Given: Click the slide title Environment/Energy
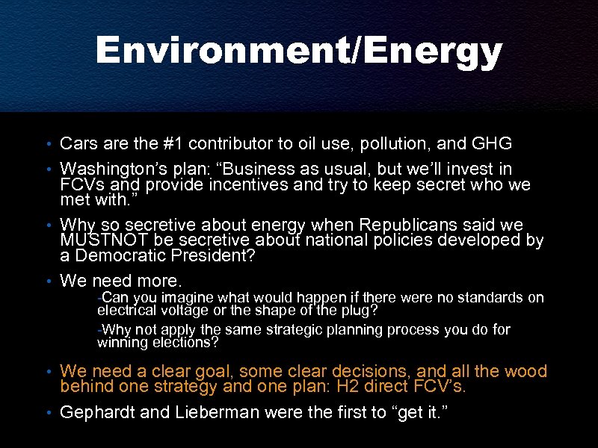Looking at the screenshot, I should pos(299,52).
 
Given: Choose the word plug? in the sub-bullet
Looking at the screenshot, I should pos(356,310).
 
